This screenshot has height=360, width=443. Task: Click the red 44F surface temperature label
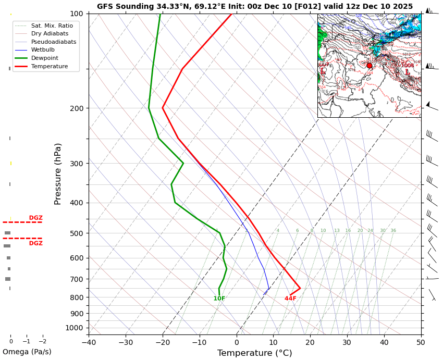[x=290, y=299]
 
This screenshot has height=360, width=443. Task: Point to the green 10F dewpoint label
[x=219, y=299]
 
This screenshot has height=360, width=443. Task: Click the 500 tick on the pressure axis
[x=77, y=233]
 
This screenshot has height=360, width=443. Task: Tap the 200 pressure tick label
[x=77, y=108]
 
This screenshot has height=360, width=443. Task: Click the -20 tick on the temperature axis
[x=163, y=342]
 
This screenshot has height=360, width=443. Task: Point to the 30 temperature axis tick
[x=347, y=342]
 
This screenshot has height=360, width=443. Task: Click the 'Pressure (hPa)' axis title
[x=58, y=173]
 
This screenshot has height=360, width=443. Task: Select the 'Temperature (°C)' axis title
[x=254, y=353]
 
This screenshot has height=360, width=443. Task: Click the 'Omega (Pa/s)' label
[x=27, y=352]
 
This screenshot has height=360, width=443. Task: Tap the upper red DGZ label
[x=36, y=218]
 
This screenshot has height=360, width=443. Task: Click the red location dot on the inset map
[x=370, y=66]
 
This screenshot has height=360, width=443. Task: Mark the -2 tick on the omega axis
[x=42, y=342]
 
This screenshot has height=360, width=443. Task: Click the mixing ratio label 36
[x=393, y=231]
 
